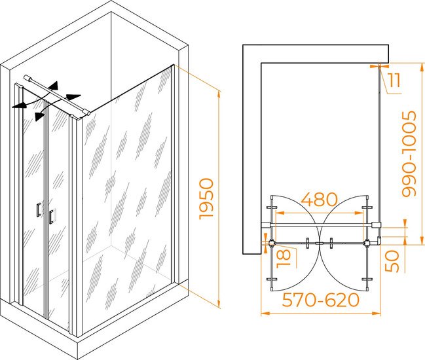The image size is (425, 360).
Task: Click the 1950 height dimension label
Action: (x=206, y=199)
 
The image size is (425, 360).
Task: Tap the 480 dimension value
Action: (x=320, y=200)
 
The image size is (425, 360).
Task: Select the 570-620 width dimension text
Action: (x=321, y=300)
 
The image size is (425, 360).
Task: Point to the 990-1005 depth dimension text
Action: (x=409, y=154)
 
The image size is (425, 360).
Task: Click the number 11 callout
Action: (x=394, y=80)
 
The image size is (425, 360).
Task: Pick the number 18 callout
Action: (x=284, y=259)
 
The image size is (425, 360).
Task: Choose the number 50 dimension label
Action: (x=392, y=261)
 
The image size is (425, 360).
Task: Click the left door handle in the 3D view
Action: (x=39, y=209)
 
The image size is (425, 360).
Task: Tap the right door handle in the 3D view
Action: (x=51, y=217)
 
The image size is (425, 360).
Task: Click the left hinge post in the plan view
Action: (x=272, y=243)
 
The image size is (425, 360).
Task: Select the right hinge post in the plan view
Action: (x=367, y=243)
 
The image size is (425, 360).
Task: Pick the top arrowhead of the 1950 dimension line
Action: (x=219, y=96)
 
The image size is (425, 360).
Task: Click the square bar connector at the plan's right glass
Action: (x=377, y=225)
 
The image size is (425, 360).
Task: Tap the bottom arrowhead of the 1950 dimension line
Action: (x=219, y=304)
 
